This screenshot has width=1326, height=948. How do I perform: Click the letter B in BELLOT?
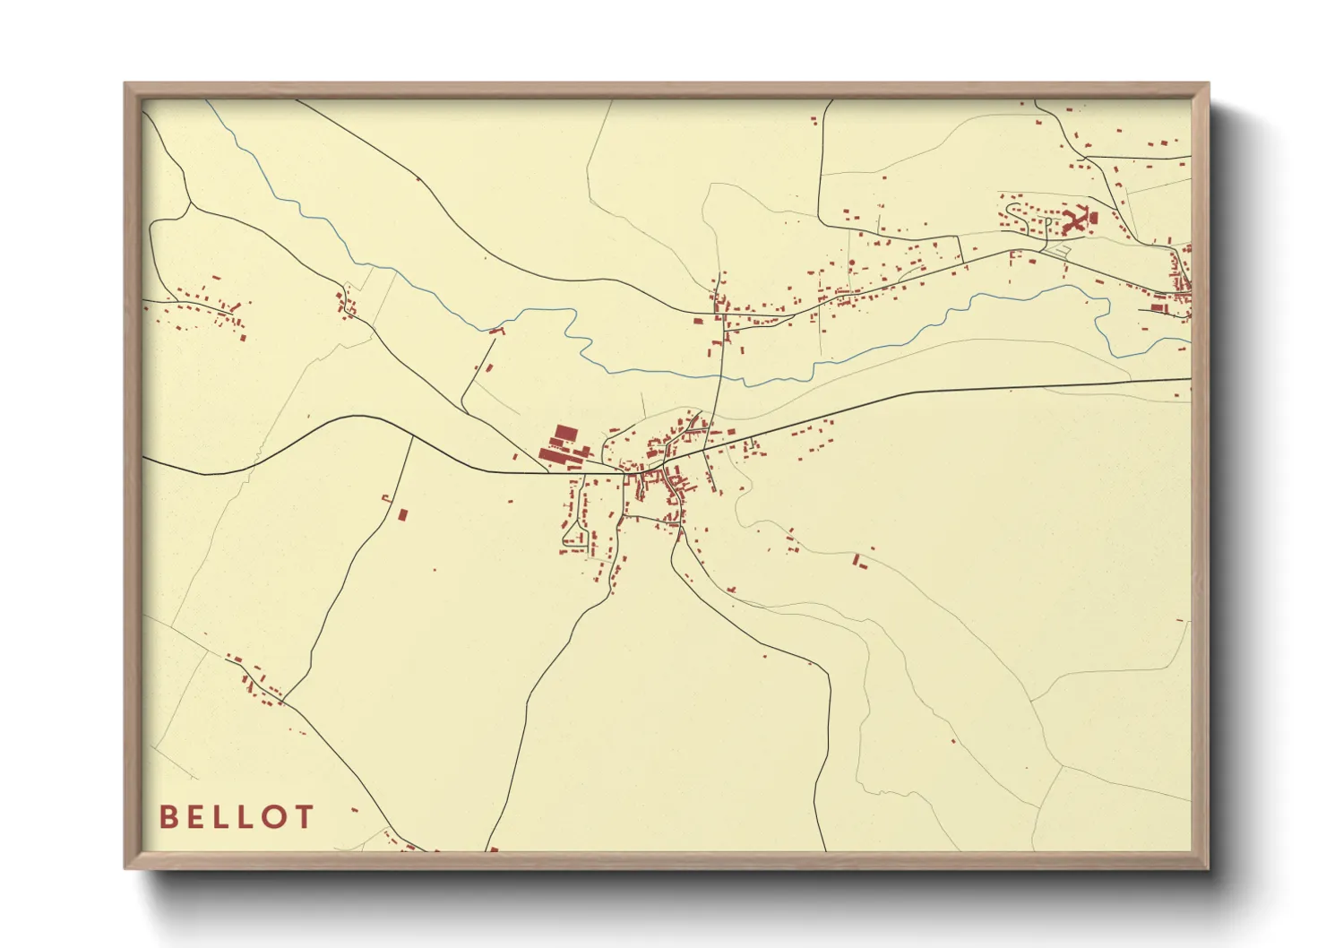[168, 817]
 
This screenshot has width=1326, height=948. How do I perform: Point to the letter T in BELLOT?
[305, 817]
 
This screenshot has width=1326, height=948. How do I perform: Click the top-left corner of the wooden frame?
[126, 85]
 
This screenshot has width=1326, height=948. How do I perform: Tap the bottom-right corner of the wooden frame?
[1207, 866]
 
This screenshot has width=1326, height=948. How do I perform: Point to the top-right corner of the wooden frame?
[1207, 85]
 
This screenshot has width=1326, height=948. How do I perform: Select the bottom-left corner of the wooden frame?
[126, 866]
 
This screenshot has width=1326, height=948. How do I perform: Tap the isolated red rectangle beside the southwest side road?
[402, 515]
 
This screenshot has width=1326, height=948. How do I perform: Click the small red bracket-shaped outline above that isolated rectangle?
[386, 498]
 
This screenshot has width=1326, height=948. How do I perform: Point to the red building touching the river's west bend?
[496, 332]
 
